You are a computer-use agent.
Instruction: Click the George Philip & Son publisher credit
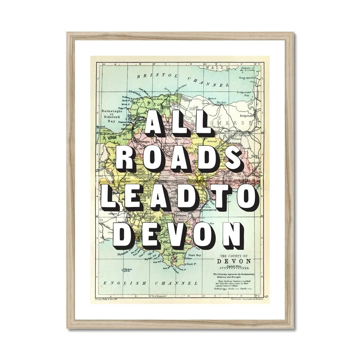click(112, 299)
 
